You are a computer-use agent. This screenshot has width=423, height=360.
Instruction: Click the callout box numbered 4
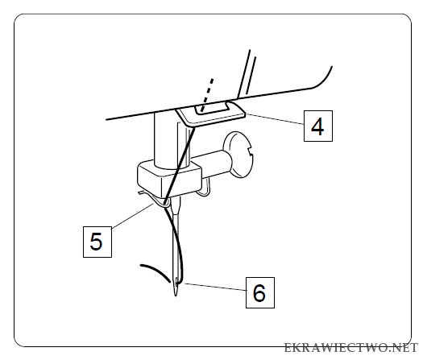318,126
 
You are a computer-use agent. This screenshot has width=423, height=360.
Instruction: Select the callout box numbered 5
97,242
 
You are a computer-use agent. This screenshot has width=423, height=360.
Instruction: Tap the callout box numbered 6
260,292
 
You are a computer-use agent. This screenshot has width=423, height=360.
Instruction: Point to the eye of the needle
176,282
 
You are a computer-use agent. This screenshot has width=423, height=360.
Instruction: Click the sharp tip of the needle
176,295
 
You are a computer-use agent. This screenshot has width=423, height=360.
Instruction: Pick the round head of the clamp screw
238,155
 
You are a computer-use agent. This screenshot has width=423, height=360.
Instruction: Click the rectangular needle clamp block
169,179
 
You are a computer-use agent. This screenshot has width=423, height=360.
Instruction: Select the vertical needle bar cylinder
172,140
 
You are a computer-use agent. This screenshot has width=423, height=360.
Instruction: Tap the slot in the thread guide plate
212,108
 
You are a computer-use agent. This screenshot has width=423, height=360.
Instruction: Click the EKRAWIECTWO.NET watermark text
350,348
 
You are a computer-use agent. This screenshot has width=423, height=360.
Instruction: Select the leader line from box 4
275,119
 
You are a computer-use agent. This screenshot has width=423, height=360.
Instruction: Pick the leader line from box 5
132,216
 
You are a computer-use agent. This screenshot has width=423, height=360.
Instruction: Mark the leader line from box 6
214,287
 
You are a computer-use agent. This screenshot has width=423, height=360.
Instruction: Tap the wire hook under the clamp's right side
203,188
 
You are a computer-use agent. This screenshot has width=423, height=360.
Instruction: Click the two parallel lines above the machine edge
247,73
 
